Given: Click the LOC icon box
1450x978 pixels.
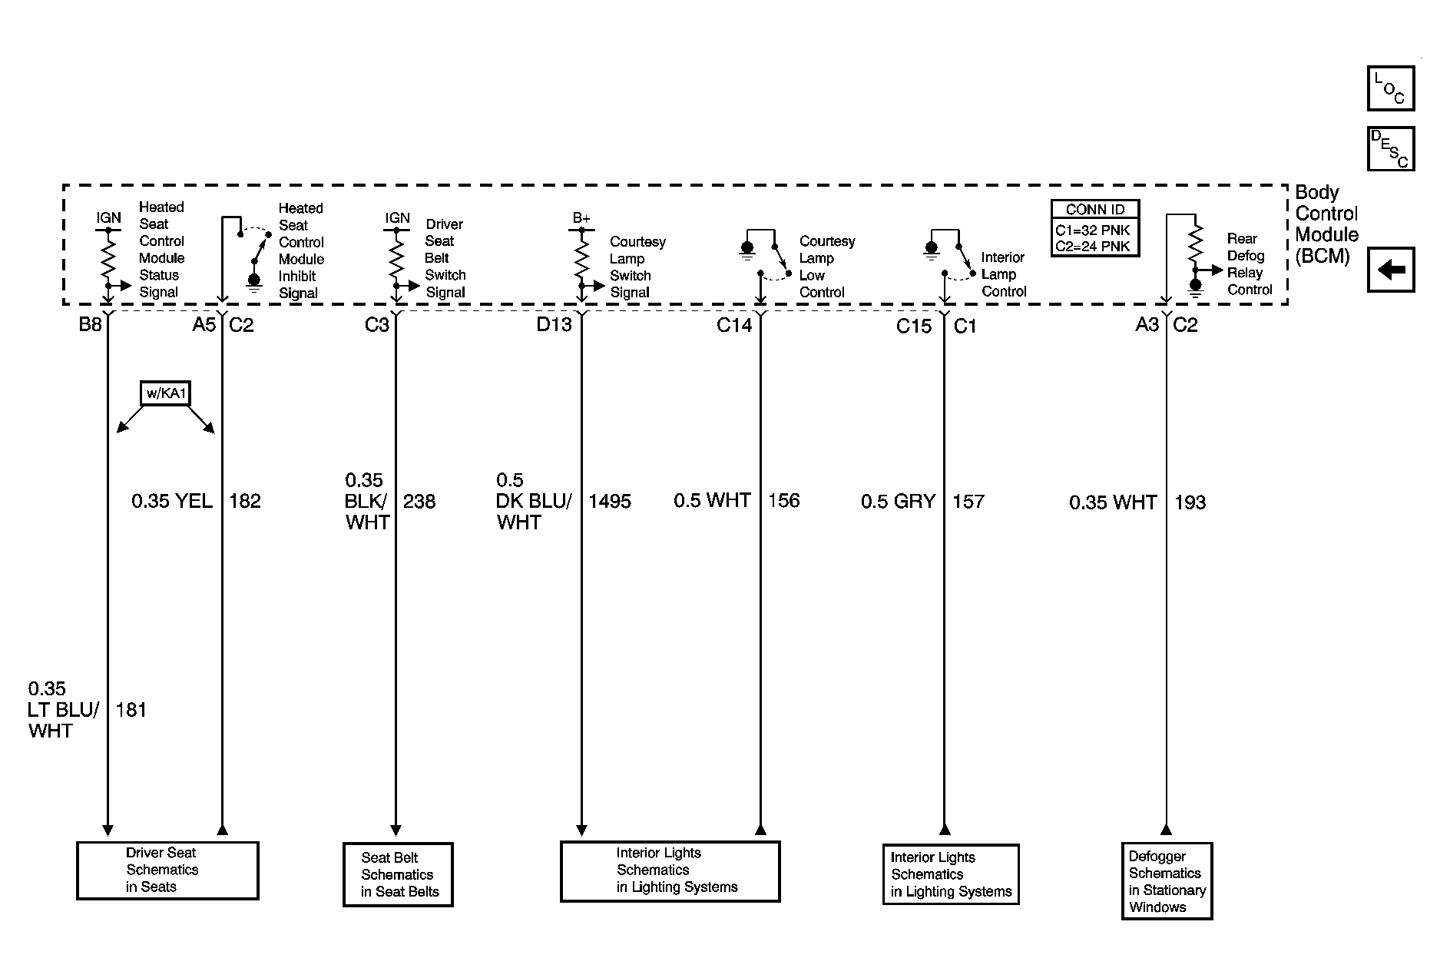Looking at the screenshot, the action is pyautogui.click(x=1390, y=88).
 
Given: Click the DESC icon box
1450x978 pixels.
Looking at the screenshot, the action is pyautogui.click(x=1390, y=148).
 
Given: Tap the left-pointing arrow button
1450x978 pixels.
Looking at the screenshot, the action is pyautogui.click(x=1390, y=270).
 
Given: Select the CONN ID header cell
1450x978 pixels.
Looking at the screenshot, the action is pyautogui.click(x=1095, y=210).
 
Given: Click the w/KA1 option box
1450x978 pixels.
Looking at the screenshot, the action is pyautogui.click(x=166, y=394).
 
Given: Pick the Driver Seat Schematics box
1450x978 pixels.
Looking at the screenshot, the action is pyautogui.click(x=167, y=870).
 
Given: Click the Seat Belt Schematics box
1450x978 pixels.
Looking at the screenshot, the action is pyautogui.click(x=398, y=874).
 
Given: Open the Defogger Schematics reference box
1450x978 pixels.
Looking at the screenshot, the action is pyautogui.click(x=1167, y=881).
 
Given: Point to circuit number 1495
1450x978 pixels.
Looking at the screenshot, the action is pyautogui.click(x=610, y=502).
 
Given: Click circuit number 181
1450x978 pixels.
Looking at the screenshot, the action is pyautogui.click(x=131, y=710).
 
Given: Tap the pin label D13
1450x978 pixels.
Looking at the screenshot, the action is pyautogui.click(x=554, y=325).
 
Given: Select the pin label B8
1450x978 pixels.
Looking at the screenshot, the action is pyautogui.click(x=90, y=325).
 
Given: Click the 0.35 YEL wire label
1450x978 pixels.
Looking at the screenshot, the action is pyautogui.click(x=172, y=502).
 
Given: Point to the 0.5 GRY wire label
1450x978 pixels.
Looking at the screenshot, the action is pyautogui.click(x=898, y=502).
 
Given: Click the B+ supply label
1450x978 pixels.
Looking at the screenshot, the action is pyautogui.click(x=581, y=219).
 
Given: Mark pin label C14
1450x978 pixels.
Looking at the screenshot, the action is pyautogui.click(x=734, y=325).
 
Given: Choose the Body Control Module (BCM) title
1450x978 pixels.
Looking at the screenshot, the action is pyautogui.click(x=1326, y=224).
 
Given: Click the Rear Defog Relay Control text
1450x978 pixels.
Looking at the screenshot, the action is pyautogui.click(x=1250, y=264).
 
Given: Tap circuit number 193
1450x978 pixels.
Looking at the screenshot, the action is pyautogui.click(x=1190, y=502).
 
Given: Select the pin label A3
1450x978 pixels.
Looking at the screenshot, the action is pyautogui.click(x=1147, y=325).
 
